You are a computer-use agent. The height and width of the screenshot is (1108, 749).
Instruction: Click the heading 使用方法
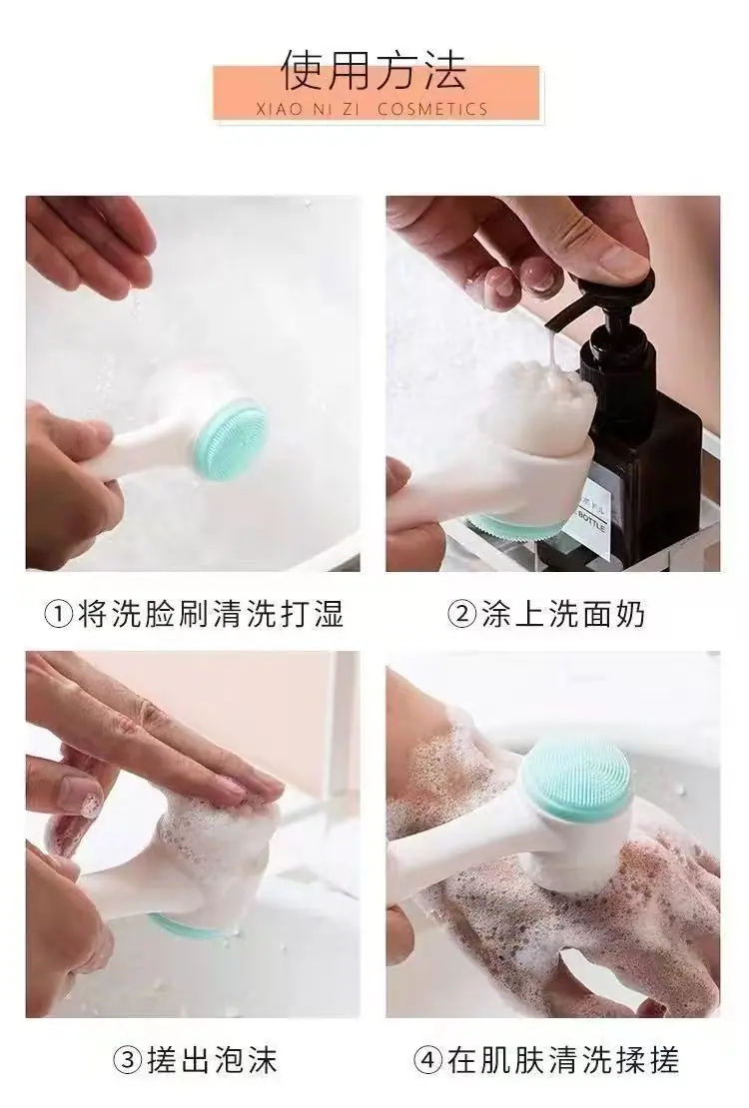(x=374, y=71)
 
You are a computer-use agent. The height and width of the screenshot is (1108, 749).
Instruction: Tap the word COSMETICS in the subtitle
(x=432, y=110)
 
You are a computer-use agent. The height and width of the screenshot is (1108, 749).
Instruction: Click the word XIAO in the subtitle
(x=271, y=110)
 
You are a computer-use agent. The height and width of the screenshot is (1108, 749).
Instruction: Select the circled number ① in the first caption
(x=59, y=614)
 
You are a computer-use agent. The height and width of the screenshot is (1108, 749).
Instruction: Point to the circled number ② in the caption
(x=462, y=614)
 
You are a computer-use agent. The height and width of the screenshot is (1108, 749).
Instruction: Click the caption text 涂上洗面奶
(x=563, y=613)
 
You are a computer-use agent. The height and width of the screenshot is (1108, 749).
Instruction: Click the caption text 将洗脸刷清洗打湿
(x=210, y=613)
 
